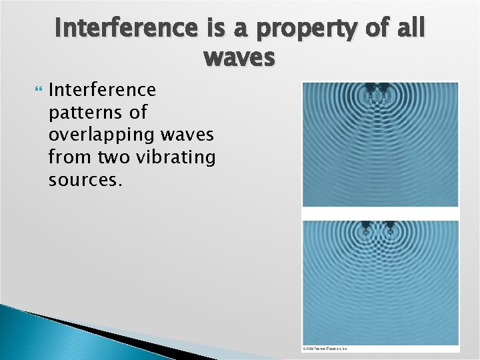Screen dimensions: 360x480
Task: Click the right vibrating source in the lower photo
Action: coord(389,228)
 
